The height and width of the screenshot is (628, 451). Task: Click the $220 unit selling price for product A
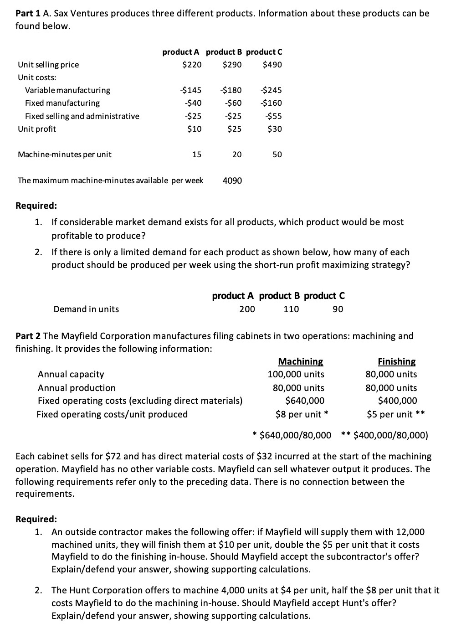pyautogui.click(x=191, y=65)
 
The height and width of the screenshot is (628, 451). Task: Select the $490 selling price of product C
pyautogui.click(x=272, y=65)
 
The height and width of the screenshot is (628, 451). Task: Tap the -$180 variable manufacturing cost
pyautogui.click(x=231, y=90)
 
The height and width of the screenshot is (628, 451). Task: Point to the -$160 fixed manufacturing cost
pyautogui.click(x=271, y=103)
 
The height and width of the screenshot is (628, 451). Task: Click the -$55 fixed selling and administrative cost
pyautogui.click(x=273, y=116)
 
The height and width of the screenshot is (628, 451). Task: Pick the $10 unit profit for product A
pyautogui.click(x=194, y=129)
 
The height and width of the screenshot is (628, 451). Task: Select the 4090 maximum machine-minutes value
pyautogui.click(x=232, y=181)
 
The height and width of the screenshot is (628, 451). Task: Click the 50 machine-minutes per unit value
pyautogui.click(x=277, y=155)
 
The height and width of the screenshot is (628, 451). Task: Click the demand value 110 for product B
pyautogui.click(x=291, y=309)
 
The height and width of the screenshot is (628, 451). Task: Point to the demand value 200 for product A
pyautogui.click(x=247, y=309)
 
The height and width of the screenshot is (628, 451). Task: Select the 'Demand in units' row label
pyautogui.click(x=86, y=309)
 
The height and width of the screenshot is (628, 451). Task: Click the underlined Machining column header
pyautogui.click(x=300, y=362)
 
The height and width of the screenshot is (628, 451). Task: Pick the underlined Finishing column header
pyautogui.click(x=396, y=362)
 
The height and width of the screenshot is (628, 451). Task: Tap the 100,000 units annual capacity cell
pyautogui.click(x=296, y=375)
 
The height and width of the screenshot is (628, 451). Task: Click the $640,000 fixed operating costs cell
pyautogui.click(x=305, y=401)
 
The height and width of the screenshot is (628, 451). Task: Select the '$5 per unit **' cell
pyautogui.click(x=396, y=415)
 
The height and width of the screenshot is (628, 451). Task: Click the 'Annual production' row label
pyautogui.click(x=77, y=388)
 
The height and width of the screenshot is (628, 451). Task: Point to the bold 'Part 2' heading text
pyautogui.click(x=28, y=336)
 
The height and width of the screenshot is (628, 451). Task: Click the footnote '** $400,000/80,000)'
pyautogui.click(x=384, y=435)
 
